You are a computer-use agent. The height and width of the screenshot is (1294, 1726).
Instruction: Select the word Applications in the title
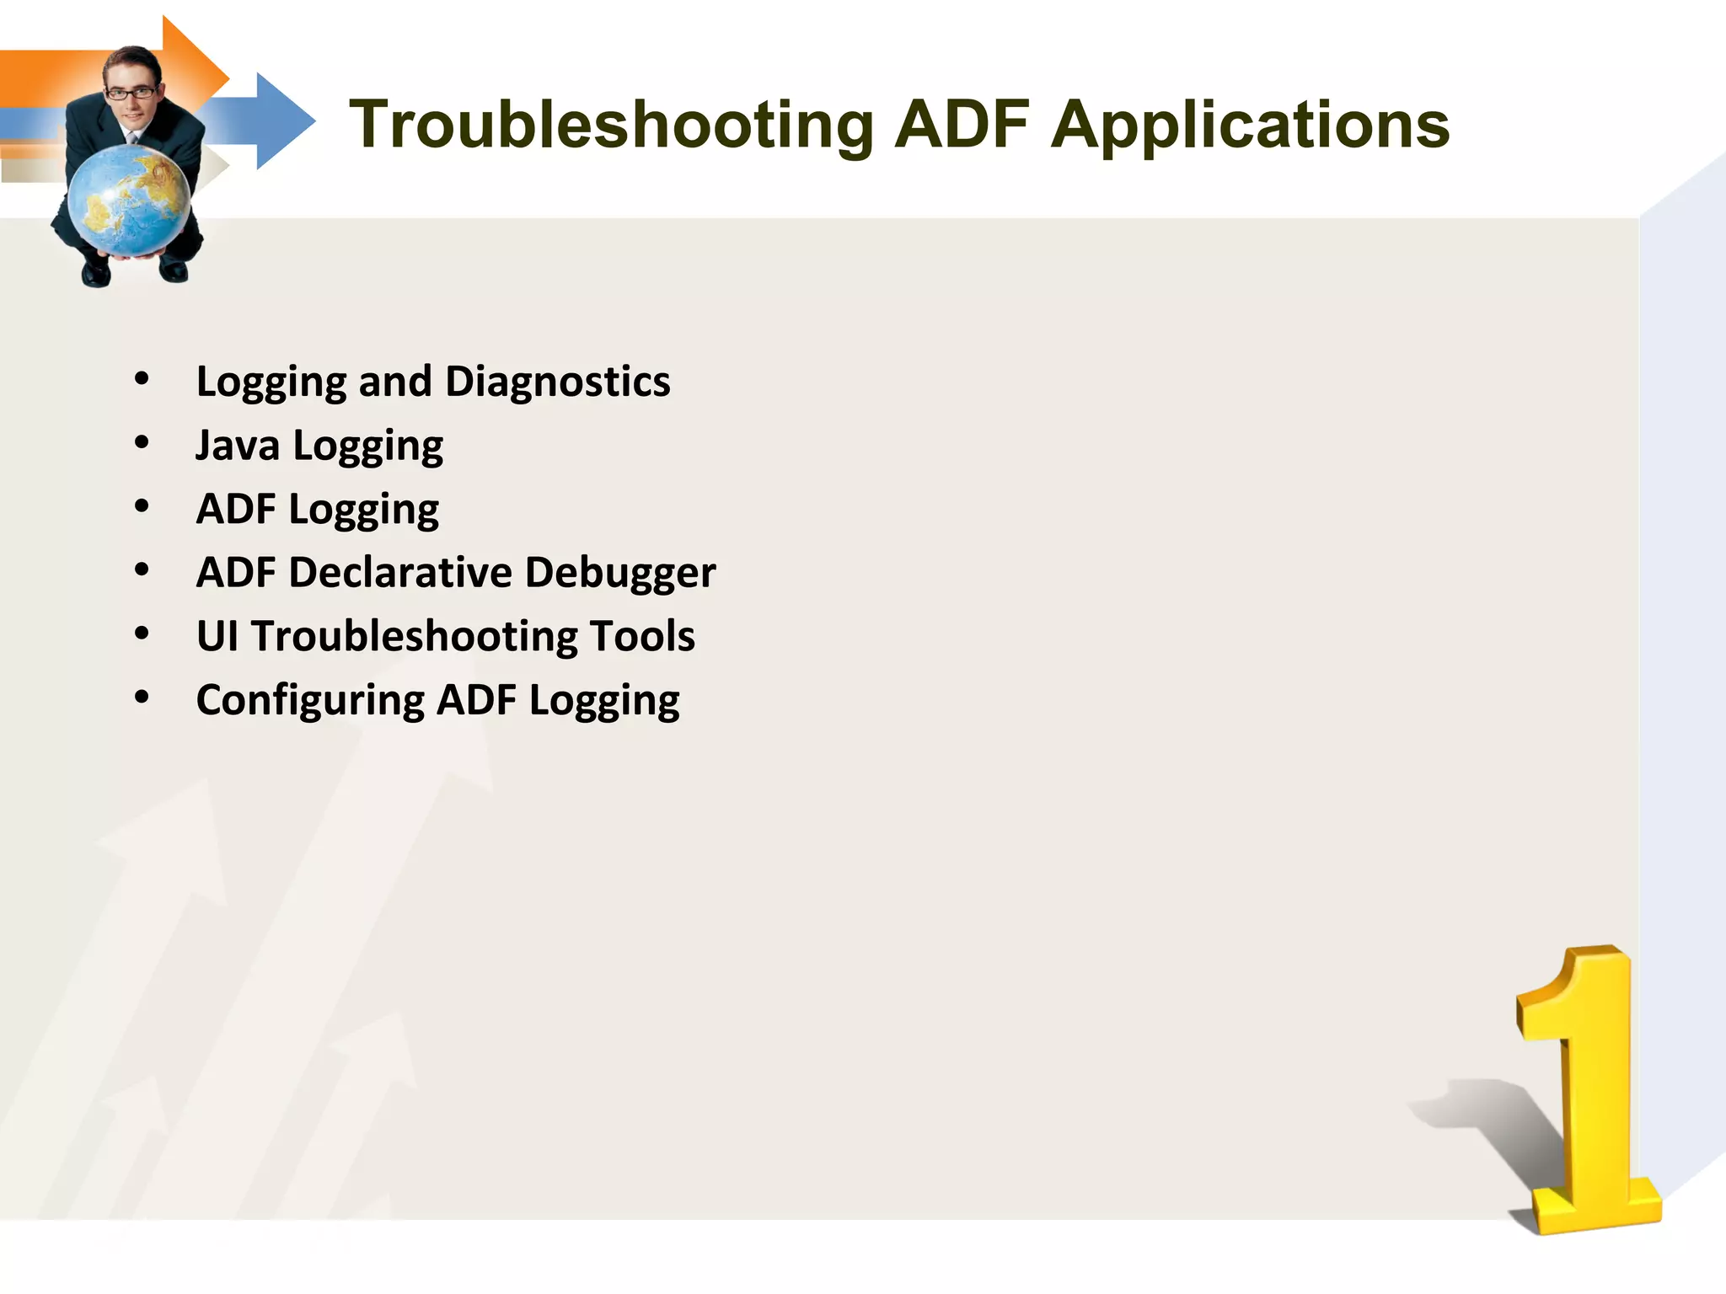[1251, 126]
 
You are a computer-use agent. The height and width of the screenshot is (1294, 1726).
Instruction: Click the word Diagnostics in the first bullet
[557, 382]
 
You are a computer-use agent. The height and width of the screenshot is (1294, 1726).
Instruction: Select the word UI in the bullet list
[217, 636]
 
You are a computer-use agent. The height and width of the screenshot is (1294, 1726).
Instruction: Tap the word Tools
[642, 636]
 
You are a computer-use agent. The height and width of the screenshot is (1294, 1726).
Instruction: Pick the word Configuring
[310, 701]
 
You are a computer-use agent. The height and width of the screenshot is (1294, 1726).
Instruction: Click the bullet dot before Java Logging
[142, 442]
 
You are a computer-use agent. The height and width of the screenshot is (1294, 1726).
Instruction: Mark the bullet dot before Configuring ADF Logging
[142, 697]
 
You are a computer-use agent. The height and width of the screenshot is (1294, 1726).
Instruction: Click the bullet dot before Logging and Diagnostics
[142, 378]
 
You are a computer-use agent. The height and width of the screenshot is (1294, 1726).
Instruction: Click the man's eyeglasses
[131, 93]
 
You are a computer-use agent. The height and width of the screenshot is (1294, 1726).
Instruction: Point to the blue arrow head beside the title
[282, 121]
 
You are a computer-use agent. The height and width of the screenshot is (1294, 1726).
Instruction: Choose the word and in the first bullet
[395, 382]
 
